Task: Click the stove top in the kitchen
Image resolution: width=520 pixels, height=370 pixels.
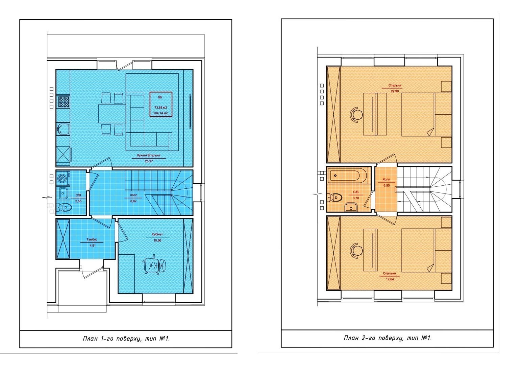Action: [64, 101]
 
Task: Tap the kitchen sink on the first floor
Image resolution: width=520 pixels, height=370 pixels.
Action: [63, 129]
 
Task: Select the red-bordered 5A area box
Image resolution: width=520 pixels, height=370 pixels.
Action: [160, 105]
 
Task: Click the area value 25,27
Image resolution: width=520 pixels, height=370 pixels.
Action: [149, 161]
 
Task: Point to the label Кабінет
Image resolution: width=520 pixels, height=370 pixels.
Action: [157, 234]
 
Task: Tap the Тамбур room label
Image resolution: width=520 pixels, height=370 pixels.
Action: [92, 239]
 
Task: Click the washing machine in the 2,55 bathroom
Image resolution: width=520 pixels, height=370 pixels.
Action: [63, 178]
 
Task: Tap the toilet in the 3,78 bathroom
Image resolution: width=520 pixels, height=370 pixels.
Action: [335, 198]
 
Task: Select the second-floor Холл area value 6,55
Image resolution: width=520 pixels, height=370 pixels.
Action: [387, 185]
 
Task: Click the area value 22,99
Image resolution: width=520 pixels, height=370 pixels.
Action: [395, 91]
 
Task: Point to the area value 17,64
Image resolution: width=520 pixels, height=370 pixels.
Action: [390, 279]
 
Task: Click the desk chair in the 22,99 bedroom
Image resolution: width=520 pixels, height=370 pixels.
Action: [356, 114]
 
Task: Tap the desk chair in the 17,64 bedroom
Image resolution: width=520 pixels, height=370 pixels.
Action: [356, 251]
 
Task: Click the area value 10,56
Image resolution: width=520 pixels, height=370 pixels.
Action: [157, 240]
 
